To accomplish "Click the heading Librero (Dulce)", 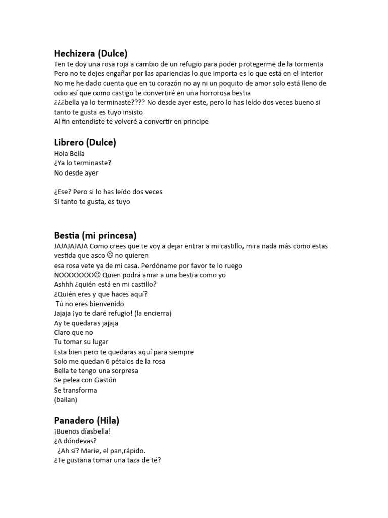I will [85, 142].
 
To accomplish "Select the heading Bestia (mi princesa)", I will [95, 235].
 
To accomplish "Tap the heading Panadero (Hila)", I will [86, 420].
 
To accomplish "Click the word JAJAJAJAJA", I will [71, 246].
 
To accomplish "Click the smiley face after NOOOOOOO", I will [98, 275].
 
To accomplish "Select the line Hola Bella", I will [69, 154].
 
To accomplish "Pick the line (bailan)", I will [66, 400].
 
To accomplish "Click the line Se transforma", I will [75, 390].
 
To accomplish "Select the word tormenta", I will [308, 64].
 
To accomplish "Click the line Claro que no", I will [74, 332].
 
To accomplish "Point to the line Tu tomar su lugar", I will [81, 342].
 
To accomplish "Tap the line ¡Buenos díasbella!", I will [82, 431].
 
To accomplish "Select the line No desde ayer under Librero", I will [76, 173].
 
